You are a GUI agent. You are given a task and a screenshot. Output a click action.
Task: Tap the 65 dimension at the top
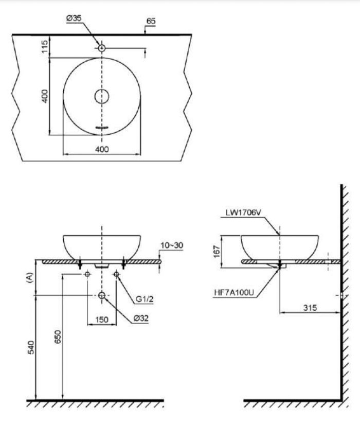point(151,21)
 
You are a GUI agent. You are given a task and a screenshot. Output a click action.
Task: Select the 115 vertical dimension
point(45,47)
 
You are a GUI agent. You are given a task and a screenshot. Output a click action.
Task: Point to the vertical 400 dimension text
point(45,96)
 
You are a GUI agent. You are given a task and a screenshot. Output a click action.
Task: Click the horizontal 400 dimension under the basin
point(102,149)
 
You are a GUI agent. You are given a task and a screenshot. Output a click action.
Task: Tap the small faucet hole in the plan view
point(102,48)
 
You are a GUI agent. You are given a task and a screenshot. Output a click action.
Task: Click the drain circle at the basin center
point(102,96)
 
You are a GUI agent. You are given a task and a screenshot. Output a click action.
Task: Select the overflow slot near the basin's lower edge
point(102,127)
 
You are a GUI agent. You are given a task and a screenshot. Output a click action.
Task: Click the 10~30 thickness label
point(171,245)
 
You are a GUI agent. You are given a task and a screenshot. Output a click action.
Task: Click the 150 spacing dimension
point(102,320)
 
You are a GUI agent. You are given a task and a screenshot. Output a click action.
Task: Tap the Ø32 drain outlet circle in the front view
point(102,295)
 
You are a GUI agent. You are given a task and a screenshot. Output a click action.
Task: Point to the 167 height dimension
point(217,252)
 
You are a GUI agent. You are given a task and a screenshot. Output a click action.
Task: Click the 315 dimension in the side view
point(309,307)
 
